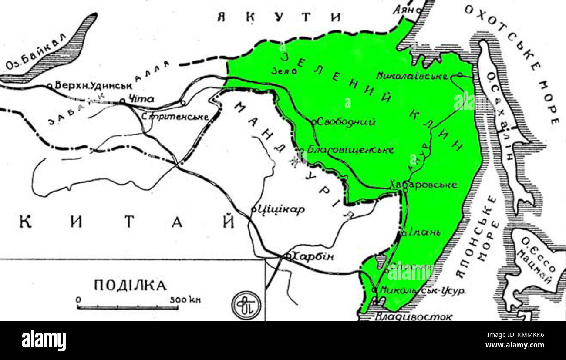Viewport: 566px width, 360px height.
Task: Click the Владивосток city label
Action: pyautogui.click(x=413, y=316)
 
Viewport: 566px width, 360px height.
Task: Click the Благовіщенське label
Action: pyautogui.click(x=350, y=150)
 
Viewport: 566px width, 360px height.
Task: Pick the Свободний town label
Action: pyautogui.click(x=346, y=122)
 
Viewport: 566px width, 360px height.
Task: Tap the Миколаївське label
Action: pyautogui.click(x=412, y=76)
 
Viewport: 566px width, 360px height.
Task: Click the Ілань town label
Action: pyautogui.click(x=424, y=232)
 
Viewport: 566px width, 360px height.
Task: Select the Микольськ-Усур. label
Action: pyautogui.click(x=422, y=289)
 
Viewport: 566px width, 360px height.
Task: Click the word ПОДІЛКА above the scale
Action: pyautogui.click(x=130, y=286)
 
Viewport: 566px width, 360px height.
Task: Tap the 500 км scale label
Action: pyautogui.click(x=185, y=299)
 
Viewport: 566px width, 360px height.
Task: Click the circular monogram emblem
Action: pyautogui.click(x=246, y=304)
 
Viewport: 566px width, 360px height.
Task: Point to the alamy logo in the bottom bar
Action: pyautogui.click(x=44, y=340)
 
